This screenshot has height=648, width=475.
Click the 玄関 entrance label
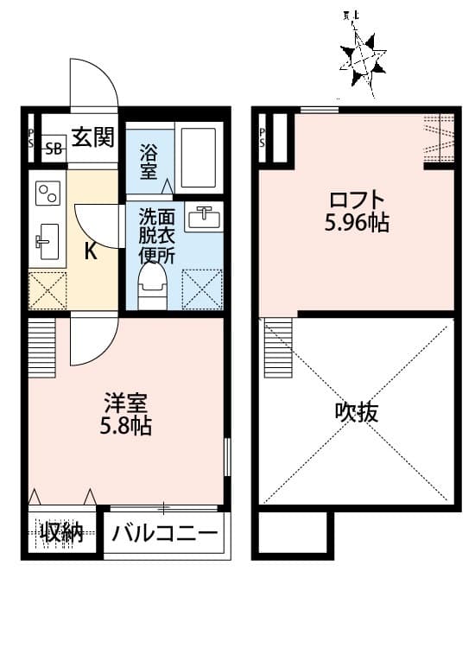tap(92, 137)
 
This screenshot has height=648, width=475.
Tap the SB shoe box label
tap(54, 148)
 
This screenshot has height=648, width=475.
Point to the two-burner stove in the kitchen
tap(46, 193)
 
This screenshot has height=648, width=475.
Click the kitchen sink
tap(46, 237)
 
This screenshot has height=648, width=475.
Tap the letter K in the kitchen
tap(90, 251)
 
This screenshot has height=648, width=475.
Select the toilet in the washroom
tap(153, 284)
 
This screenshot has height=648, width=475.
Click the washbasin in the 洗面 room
tap(202, 218)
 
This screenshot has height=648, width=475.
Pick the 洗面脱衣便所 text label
tap(158, 237)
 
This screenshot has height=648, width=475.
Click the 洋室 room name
tap(127, 403)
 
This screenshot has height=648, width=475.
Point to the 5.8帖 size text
tap(127, 426)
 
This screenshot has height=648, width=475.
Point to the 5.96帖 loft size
tap(356, 224)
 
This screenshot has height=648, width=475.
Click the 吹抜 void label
tap(356, 412)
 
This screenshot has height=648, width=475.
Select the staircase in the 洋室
tap(41, 348)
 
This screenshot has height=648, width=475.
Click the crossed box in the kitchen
tap(47, 289)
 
